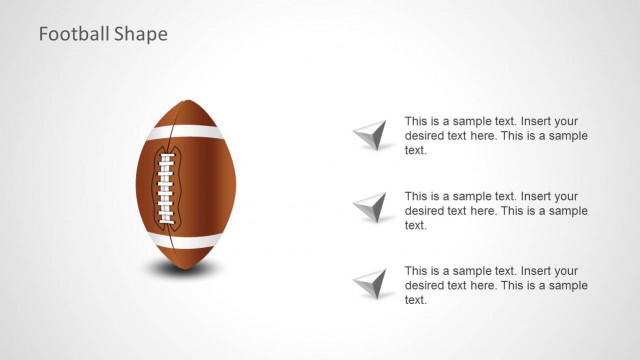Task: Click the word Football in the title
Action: [x=70, y=34]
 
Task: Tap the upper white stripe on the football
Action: [x=186, y=132]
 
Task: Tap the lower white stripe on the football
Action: [x=186, y=241]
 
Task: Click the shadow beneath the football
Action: [x=186, y=267]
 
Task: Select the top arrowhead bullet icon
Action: [x=371, y=134]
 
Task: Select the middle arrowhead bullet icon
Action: [x=371, y=208]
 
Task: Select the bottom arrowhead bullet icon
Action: [x=371, y=283]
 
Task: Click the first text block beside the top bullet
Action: [x=496, y=135]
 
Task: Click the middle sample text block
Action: [x=496, y=210]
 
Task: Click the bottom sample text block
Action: [x=496, y=285]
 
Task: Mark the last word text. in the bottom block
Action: [x=416, y=300]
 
